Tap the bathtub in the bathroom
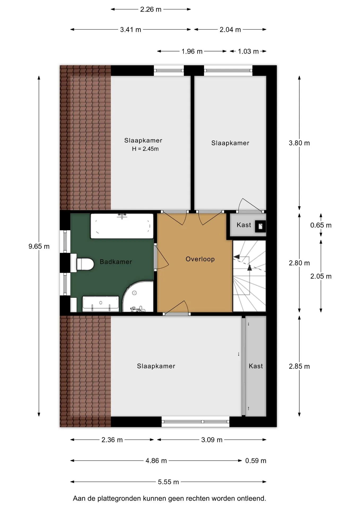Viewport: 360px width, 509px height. pyautogui.click(x=122, y=226)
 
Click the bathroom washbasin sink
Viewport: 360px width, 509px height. pyautogui.click(x=101, y=304)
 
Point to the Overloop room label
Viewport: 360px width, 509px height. pyautogui.click(x=200, y=259)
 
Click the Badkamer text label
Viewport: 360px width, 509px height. pyautogui.click(x=116, y=262)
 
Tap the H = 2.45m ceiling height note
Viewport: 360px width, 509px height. pyautogui.click(x=145, y=149)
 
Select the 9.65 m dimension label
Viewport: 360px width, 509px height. pyautogui.click(x=39, y=246)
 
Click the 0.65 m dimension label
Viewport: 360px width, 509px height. pyautogui.click(x=321, y=225)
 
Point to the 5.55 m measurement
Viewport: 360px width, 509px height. pyautogui.click(x=168, y=482)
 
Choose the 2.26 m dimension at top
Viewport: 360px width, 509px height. pyautogui.click(x=151, y=9)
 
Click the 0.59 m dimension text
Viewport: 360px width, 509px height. pyautogui.click(x=256, y=460)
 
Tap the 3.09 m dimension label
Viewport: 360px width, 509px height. pyautogui.click(x=212, y=440)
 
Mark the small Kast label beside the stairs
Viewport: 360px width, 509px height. pyautogui.click(x=244, y=225)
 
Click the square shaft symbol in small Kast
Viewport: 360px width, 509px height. pyautogui.click(x=260, y=226)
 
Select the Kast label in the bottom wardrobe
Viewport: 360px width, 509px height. pyautogui.click(x=256, y=366)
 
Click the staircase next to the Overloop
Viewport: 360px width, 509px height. pyautogui.click(x=249, y=276)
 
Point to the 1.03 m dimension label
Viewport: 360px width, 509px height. pyautogui.click(x=248, y=51)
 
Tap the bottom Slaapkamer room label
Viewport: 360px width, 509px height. pyautogui.click(x=156, y=366)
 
